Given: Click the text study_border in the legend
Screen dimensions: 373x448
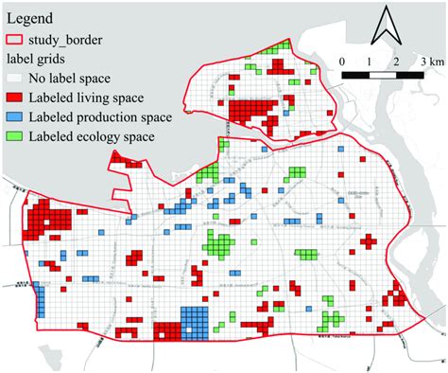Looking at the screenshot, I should click(x=68, y=40).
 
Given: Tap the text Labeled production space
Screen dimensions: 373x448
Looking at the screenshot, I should click(x=101, y=117).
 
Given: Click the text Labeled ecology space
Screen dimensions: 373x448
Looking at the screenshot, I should click(x=93, y=137).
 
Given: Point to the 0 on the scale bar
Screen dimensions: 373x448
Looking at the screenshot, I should click(x=342, y=60).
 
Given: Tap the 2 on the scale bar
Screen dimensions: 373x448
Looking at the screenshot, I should click(x=396, y=60).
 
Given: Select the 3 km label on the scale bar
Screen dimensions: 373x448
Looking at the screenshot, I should click(x=429, y=60).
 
